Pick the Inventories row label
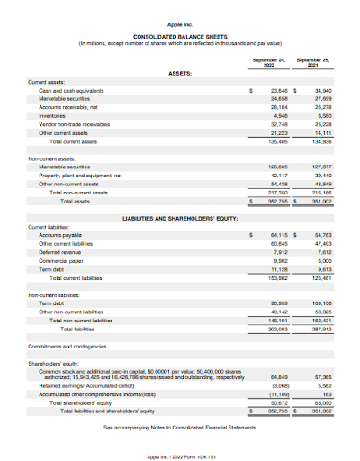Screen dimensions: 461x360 52,116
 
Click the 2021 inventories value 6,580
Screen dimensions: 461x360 321,116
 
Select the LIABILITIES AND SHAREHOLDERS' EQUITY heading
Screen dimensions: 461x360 180,218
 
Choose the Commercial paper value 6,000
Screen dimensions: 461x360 321,259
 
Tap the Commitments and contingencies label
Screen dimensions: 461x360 66,347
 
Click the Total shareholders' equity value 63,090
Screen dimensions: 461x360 320,401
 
